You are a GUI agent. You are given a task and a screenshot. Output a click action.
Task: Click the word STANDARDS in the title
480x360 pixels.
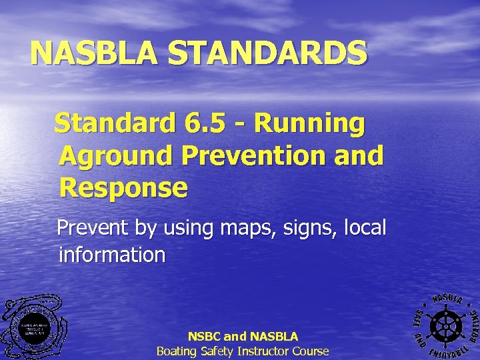pyautogui.click(x=279, y=54)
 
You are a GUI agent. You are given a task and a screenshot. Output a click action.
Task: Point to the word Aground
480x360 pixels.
pyautogui.click(x=116, y=156)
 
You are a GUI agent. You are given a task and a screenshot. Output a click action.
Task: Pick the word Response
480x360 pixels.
pyautogui.click(x=123, y=188)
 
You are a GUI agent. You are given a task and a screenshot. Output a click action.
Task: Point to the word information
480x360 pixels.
pyautogui.click(x=112, y=254)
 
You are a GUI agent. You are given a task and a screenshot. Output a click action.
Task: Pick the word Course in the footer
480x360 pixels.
pyautogui.click(x=311, y=351)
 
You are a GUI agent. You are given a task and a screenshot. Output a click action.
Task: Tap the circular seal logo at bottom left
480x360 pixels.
pyautogui.click(x=33, y=327)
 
